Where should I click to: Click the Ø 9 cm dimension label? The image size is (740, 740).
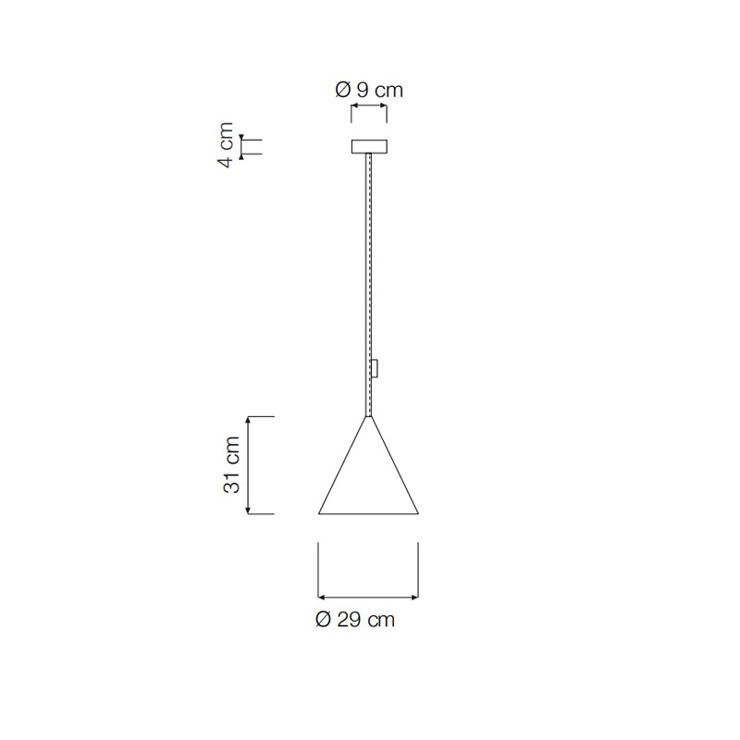point(369,90)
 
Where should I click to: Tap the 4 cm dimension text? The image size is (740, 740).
point(226,145)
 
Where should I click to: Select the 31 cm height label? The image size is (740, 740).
point(231,465)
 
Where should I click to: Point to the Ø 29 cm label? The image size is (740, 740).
point(355,619)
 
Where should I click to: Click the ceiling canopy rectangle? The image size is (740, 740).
point(369,146)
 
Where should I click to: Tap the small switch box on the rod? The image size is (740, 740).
point(376,368)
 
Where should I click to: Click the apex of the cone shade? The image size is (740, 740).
point(369,417)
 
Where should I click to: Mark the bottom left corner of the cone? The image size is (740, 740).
point(319,513)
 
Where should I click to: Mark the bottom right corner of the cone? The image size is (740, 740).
point(418,513)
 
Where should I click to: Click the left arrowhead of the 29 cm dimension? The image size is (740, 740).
point(321,598)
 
